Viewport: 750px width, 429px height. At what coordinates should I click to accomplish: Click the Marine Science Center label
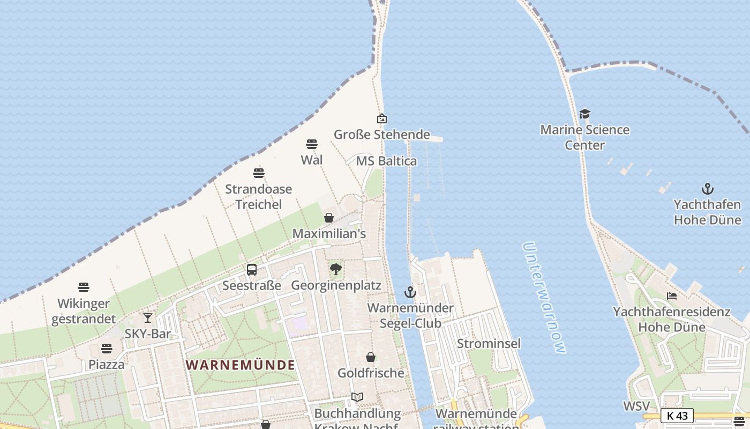pyautogui.click(x=584, y=137)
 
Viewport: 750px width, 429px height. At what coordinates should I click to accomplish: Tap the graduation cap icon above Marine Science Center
pyautogui.click(x=584, y=114)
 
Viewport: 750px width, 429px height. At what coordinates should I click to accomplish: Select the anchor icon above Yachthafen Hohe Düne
pyautogui.click(x=708, y=189)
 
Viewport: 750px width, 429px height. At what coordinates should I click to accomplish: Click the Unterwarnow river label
pyautogui.click(x=544, y=298)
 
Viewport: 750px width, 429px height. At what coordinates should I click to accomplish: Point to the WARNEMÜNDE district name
pyautogui.click(x=240, y=365)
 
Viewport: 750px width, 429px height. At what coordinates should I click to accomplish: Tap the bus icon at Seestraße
pyautogui.click(x=252, y=270)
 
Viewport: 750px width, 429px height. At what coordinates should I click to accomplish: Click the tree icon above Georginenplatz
pyautogui.click(x=336, y=269)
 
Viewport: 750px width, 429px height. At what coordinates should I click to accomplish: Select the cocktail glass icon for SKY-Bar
pyautogui.click(x=148, y=318)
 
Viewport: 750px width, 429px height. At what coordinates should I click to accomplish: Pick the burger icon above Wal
pyautogui.click(x=312, y=144)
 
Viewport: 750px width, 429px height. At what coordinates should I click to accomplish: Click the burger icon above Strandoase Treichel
pyautogui.click(x=259, y=173)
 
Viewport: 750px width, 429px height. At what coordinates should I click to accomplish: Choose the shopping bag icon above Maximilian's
pyautogui.click(x=329, y=218)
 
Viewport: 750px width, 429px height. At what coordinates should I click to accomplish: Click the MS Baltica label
pyautogui.click(x=386, y=161)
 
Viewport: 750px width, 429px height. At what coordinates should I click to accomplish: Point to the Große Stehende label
pyautogui.click(x=382, y=135)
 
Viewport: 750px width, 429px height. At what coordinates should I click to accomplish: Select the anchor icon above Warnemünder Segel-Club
pyautogui.click(x=410, y=292)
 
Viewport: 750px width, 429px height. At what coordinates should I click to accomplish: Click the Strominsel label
pyautogui.click(x=489, y=343)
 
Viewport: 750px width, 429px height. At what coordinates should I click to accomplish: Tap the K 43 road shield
pyautogui.click(x=677, y=416)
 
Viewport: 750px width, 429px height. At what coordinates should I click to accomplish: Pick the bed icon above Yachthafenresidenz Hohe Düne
pyautogui.click(x=672, y=296)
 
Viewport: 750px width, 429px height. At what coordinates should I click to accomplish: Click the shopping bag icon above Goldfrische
pyautogui.click(x=370, y=357)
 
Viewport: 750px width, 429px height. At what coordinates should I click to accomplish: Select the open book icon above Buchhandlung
pyautogui.click(x=357, y=397)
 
